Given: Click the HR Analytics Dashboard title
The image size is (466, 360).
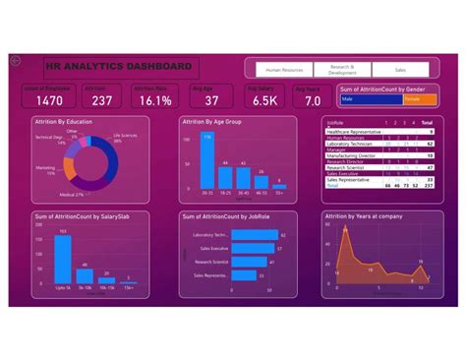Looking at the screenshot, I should pos(120,67).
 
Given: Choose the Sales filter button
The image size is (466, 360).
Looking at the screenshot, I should pos(399,70).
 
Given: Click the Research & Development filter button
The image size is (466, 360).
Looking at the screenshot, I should pos(342,70).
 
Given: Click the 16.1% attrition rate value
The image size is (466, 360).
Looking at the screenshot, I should pos(155,100).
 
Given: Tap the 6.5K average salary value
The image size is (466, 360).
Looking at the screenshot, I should pos(263,100).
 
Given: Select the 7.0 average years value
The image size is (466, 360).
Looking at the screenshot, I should pos(313,100).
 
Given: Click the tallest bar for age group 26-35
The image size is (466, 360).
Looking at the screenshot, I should pos(206,159).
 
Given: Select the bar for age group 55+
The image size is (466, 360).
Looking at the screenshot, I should pos(280,184).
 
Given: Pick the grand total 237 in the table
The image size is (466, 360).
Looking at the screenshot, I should pos(431,183).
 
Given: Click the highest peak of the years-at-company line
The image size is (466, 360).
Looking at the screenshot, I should pos(346,243).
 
